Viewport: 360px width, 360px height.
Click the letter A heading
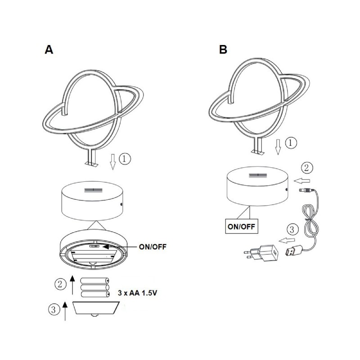(49, 49)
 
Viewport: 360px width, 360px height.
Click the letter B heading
(223, 49)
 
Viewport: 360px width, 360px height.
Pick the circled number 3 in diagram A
(54, 310)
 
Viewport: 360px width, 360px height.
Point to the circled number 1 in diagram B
(291, 143)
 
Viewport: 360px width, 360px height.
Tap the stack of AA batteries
(94, 287)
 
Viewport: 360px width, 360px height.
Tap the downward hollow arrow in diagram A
(112, 161)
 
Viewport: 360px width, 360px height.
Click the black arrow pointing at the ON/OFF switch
(114, 247)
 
